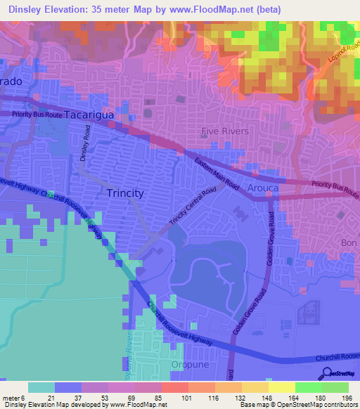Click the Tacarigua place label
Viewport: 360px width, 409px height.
(x=94, y=114)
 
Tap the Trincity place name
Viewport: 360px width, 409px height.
(x=125, y=193)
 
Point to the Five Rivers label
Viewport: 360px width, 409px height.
(x=225, y=131)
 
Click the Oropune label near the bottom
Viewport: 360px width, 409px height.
(x=190, y=365)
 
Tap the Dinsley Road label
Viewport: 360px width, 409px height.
(x=86, y=143)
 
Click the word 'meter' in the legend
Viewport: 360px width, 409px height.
(x=10, y=398)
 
